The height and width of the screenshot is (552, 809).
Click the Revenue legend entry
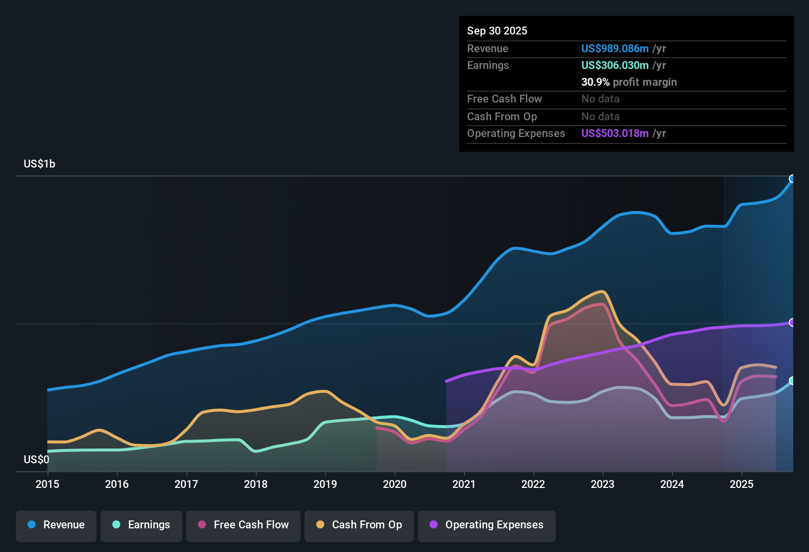[56, 525]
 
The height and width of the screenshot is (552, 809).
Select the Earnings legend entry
[141, 525]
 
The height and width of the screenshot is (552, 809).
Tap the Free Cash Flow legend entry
[243, 525]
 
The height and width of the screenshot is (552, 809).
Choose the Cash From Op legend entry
[359, 525]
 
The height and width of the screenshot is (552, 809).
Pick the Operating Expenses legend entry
[487, 525]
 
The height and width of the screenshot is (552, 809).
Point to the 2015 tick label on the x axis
[47, 484]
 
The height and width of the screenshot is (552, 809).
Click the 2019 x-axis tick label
[325, 484]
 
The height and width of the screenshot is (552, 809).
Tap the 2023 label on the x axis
[603, 484]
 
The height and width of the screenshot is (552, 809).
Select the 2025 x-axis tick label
[742, 484]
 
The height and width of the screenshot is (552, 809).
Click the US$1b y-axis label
[39, 164]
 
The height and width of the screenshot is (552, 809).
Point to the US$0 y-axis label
[36, 459]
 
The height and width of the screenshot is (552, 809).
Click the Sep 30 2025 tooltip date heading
[497, 31]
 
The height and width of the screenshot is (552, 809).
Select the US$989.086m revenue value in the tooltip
[615, 48]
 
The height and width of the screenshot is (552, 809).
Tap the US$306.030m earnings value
[615, 65]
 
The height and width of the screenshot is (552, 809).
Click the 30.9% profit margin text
[629, 82]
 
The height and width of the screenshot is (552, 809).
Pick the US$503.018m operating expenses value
[615, 133]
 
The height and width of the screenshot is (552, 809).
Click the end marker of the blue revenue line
[792, 178]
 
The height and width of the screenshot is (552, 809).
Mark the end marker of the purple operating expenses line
[792, 322]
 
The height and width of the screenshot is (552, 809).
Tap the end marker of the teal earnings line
[792, 380]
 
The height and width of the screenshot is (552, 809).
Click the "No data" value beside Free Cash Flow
[600, 99]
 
